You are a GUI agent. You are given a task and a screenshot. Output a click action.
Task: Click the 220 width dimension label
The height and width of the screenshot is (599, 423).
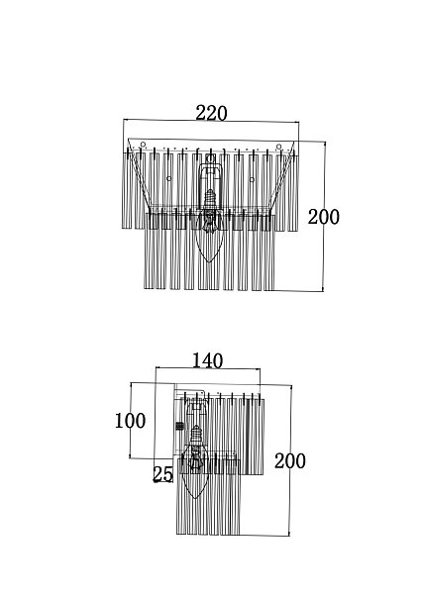(211, 114)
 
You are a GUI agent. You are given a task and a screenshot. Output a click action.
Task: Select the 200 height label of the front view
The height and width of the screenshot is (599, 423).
(324, 217)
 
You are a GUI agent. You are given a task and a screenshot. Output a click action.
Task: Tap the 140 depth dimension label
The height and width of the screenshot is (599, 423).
(207, 360)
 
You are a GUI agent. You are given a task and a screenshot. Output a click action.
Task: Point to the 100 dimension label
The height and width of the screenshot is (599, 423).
(130, 421)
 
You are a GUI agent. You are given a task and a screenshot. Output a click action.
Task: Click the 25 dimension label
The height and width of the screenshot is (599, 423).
(162, 474)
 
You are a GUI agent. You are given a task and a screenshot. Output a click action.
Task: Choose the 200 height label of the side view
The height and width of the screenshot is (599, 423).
(290, 461)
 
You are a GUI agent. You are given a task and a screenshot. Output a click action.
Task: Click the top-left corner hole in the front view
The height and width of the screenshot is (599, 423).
(143, 145)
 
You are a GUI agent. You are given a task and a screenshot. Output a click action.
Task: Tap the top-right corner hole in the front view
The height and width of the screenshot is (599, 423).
(279, 147)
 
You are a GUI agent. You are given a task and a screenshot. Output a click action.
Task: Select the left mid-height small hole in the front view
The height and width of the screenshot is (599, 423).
(168, 178)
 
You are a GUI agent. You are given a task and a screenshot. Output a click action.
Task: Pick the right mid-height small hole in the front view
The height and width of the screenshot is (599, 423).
(252, 179)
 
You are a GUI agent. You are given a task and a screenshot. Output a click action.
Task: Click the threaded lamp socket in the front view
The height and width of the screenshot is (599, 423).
(209, 199)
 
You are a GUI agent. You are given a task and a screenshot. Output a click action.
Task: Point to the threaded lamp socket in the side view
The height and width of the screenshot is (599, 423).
(196, 435)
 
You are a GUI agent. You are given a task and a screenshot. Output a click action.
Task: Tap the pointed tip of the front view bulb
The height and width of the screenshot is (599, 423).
(209, 262)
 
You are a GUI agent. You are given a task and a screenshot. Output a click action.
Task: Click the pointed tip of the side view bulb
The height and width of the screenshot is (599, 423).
(195, 498)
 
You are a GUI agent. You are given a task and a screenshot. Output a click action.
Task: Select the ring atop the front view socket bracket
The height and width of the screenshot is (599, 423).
(210, 157)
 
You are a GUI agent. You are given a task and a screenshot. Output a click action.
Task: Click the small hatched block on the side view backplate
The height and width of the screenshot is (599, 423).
(179, 426)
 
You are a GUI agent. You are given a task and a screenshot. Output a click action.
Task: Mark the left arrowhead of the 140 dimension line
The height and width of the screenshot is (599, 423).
(158, 368)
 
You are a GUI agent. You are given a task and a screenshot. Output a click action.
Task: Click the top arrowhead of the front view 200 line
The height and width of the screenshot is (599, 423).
(325, 144)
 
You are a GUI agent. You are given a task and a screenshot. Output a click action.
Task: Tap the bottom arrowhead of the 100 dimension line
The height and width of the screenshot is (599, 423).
(131, 455)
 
